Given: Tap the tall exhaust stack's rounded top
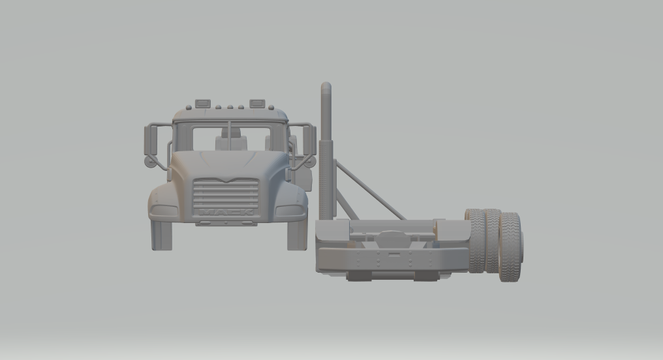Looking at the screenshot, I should pos(326,87).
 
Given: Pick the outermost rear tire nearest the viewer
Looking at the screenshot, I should pos(510,247).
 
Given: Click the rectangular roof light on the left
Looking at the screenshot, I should pos(203,103).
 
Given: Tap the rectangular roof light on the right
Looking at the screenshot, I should pos(257,103).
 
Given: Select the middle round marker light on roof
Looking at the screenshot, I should pos(230,106).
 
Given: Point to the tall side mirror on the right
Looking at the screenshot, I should pos(311,140).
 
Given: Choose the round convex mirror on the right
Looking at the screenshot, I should pos(309,161).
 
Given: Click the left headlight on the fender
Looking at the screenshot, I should pos(164,211).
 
